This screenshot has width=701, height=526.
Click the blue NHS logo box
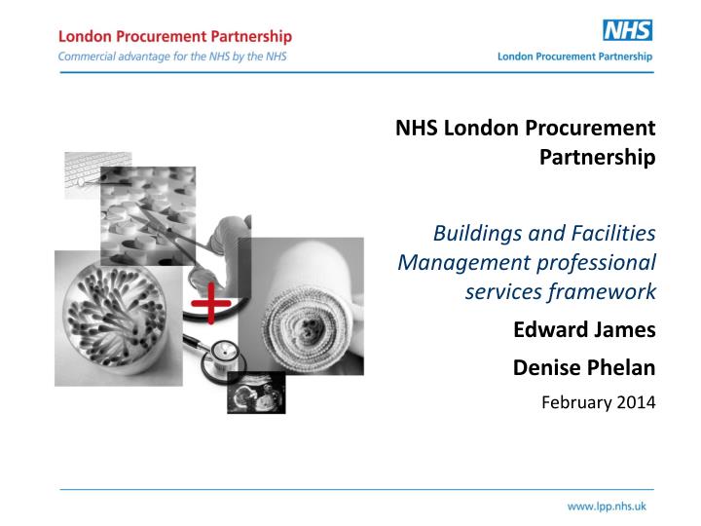point(627,30)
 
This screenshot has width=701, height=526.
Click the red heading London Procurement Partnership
point(175,36)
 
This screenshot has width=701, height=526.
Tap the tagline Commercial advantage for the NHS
point(172,56)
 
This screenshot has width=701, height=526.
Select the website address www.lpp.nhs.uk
point(607,507)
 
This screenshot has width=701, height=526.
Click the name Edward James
point(584,329)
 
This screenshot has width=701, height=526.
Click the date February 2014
point(598,399)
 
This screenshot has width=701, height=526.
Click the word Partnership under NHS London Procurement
point(597,157)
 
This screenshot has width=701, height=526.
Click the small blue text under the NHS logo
point(574,56)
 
